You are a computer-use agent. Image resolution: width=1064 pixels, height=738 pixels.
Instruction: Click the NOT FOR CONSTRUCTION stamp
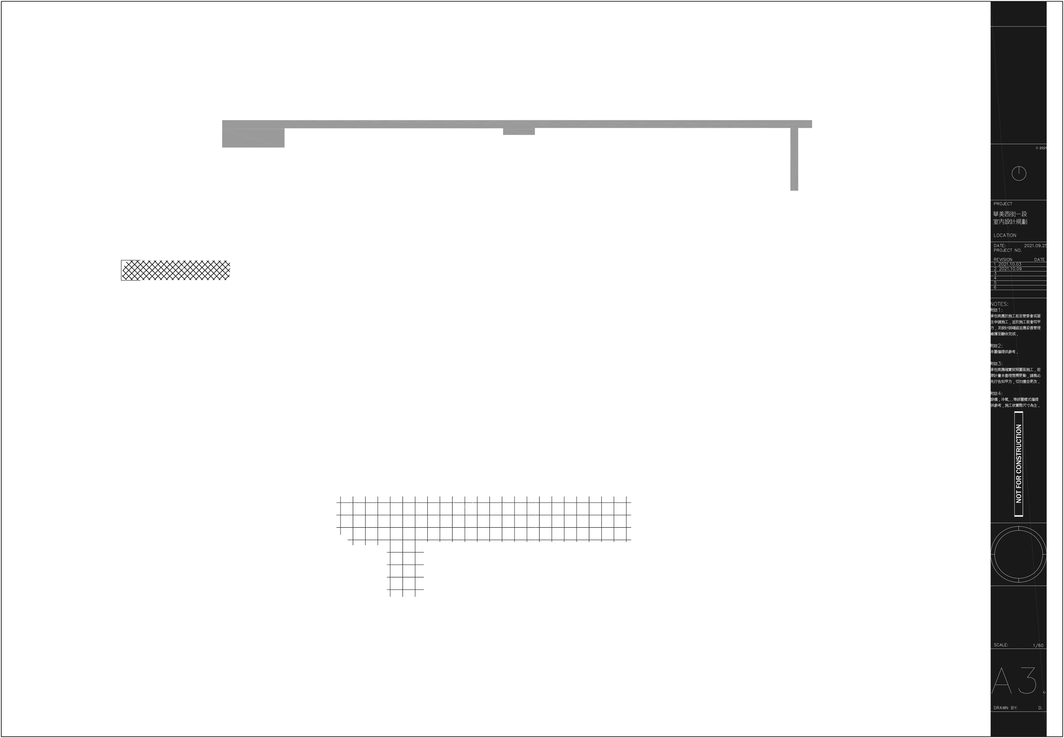(x=1019, y=463)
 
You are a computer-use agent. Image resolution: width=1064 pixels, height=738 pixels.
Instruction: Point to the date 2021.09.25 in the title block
(x=1035, y=246)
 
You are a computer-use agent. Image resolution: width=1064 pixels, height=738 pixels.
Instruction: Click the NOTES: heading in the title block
(x=999, y=304)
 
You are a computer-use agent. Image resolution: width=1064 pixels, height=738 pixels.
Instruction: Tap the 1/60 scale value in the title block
(x=1038, y=645)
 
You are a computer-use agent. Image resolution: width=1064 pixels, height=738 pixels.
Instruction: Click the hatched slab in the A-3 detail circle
(x=176, y=269)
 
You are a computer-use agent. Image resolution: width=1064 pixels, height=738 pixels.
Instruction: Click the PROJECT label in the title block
(x=1003, y=204)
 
